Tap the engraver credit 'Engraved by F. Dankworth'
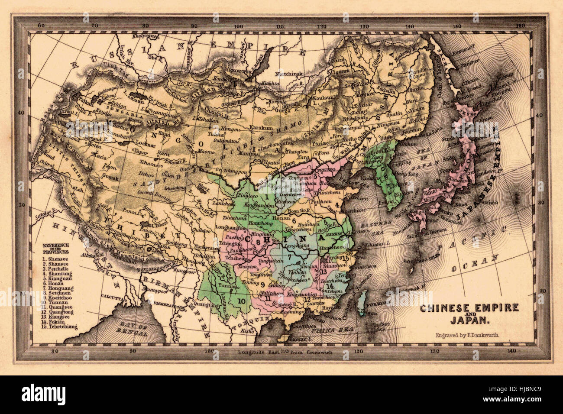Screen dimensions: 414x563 pyautogui.click(x=468, y=335)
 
